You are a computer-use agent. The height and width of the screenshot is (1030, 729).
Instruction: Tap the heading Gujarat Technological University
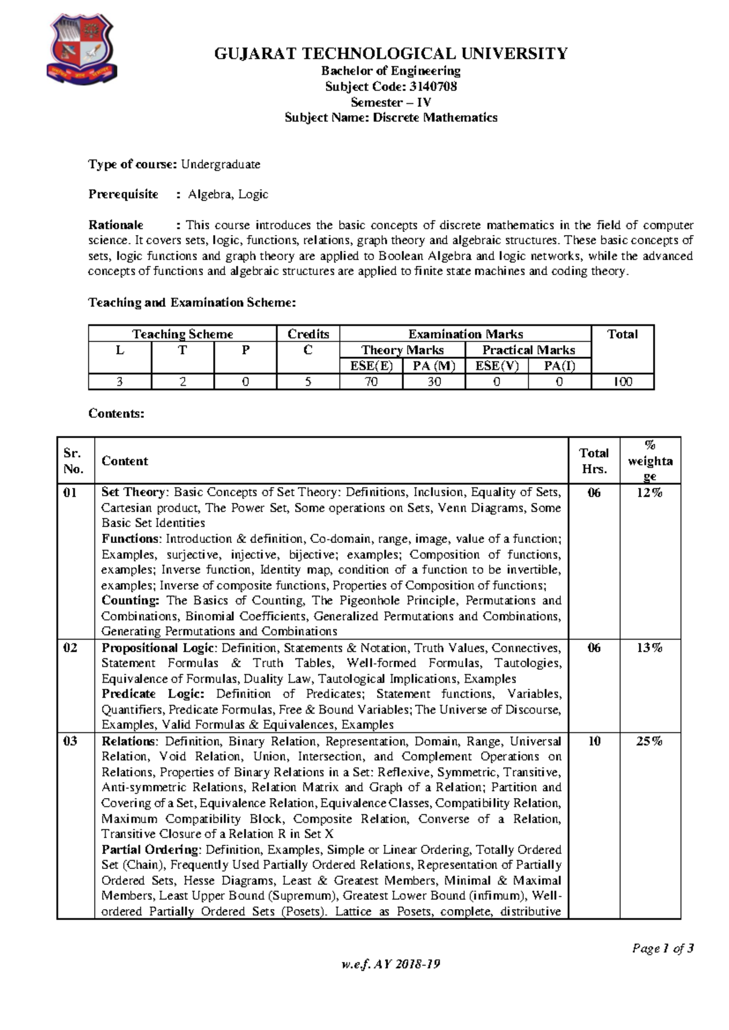click(391, 53)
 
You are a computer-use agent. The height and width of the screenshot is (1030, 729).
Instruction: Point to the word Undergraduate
click(221, 164)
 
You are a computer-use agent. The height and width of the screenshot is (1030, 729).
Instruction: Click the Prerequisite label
click(123, 194)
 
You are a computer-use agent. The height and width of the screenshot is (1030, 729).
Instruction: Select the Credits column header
click(308, 334)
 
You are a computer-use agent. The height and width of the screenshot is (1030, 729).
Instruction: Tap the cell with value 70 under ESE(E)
click(371, 382)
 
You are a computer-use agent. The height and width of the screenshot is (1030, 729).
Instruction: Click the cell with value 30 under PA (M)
click(434, 382)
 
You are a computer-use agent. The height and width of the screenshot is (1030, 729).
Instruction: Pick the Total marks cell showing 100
click(623, 382)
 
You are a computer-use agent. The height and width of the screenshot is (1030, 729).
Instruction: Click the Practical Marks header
click(528, 350)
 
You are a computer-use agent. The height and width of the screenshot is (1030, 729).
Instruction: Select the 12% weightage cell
click(649, 493)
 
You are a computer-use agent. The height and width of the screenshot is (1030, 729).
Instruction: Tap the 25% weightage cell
click(649, 741)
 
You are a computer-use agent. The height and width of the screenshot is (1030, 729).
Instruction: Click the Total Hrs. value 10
click(594, 741)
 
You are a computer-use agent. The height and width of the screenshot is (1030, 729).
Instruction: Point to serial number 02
click(70, 648)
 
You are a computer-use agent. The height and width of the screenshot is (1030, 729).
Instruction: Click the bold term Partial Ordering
click(150, 850)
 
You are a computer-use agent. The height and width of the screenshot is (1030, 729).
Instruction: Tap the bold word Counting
click(130, 601)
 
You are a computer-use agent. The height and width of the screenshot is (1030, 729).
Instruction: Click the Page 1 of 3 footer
click(663, 949)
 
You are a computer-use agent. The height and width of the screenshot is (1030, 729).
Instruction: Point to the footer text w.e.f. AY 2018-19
click(391, 964)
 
